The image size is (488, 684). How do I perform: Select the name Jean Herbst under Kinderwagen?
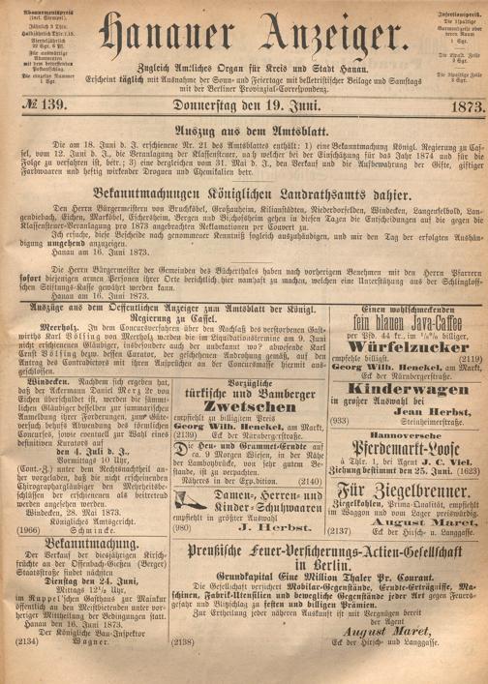coord(414,437)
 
